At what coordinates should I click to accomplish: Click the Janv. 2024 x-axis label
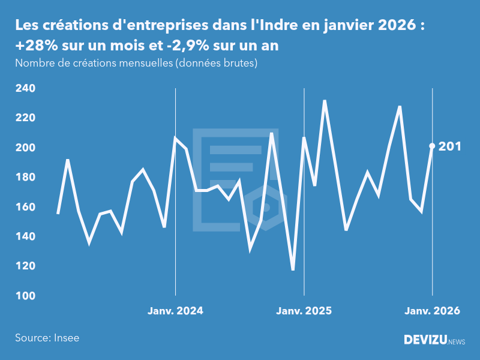pos(175,311)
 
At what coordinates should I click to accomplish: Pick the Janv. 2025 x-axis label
pos(304,311)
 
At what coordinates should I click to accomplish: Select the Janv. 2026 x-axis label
pos(432,311)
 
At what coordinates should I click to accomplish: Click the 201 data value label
pos(449,146)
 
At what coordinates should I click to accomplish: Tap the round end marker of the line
pos(432,146)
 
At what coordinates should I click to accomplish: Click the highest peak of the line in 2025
pos(325,101)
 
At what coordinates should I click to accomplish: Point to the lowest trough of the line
pos(293,270)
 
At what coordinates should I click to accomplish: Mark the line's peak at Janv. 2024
pos(175,138)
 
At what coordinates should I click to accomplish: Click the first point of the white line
pos(58,214)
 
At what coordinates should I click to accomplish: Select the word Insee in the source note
pos(66,338)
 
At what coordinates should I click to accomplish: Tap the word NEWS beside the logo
pos(456,342)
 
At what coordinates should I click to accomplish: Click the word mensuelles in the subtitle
pos(144,63)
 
